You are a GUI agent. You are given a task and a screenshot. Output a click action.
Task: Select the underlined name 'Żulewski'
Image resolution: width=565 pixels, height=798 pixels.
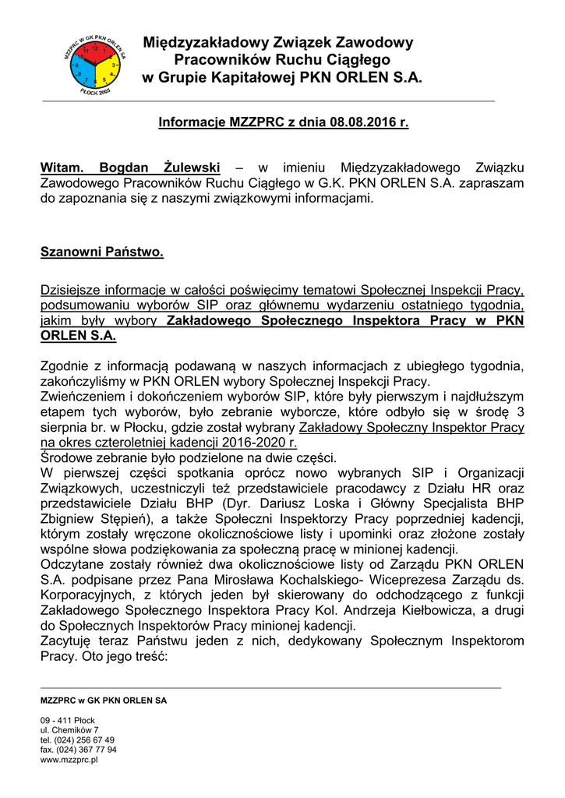click(192, 168)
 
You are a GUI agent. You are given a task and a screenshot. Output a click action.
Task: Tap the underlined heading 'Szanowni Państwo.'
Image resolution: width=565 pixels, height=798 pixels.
click(102, 252)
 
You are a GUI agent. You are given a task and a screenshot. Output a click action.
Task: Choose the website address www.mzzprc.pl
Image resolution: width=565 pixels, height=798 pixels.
click(69, 759)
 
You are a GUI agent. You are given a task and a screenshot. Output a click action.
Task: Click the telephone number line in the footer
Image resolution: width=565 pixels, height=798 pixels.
click(77, 740)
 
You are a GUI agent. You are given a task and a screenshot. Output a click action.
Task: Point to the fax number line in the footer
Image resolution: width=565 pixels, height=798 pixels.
click(78, 749)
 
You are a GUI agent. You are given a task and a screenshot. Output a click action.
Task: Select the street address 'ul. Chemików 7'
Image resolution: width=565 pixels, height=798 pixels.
click(69, 729)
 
